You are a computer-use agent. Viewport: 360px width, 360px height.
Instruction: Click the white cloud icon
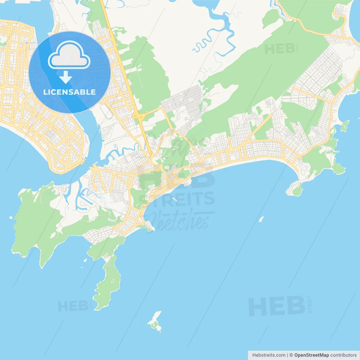click(69, 55)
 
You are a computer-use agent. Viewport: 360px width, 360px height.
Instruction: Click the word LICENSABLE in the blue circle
click(69, 92)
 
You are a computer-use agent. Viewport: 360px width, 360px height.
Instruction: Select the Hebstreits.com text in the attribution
click(269, 355)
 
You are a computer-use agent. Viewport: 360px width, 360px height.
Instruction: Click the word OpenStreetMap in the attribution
click(311, 355)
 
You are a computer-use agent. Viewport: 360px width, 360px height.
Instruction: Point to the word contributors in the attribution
click(343, 355)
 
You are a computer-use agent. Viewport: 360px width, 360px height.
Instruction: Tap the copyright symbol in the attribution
click(291, 355)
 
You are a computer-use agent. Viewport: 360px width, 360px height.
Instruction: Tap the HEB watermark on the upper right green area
click(280, 49)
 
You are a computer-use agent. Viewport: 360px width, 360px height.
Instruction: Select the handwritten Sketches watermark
click(180, 221)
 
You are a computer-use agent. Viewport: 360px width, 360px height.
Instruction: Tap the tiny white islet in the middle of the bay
click(261, 219)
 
